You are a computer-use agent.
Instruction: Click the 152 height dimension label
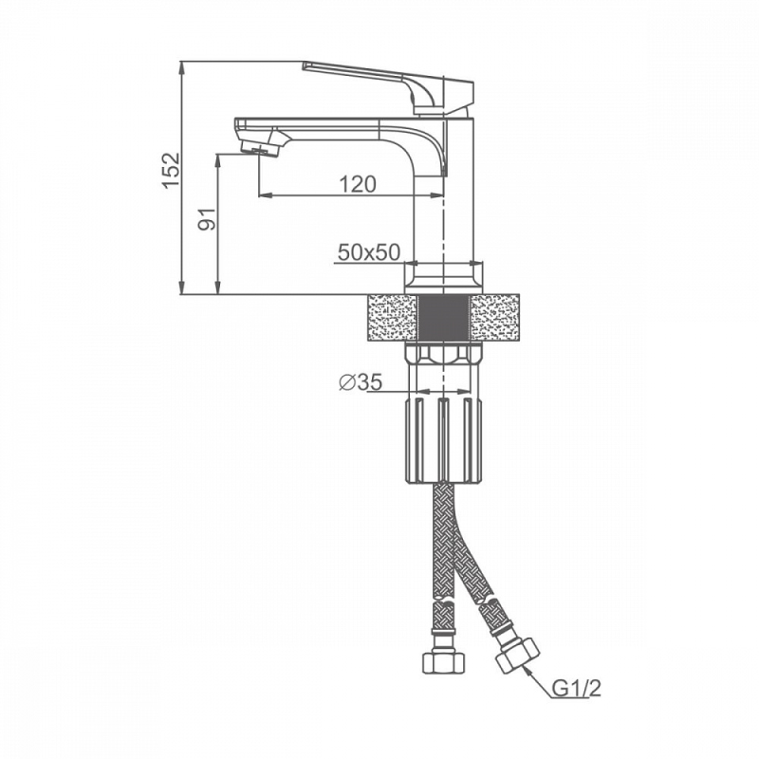[x=172, y=171]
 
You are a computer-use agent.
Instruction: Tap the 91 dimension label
[x=207, y=219]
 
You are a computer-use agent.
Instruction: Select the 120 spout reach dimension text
[x=358, y=184]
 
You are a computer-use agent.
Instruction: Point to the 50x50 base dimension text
[x=369, y=252]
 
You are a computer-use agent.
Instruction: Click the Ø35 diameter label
[x=361, y=382]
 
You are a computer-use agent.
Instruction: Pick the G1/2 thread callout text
[x=577, y=688]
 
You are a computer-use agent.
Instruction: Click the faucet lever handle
[x=387, y=87]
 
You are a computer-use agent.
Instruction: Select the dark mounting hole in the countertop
[x=443, y=318]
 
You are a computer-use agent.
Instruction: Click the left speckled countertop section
[x=392, y=318]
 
